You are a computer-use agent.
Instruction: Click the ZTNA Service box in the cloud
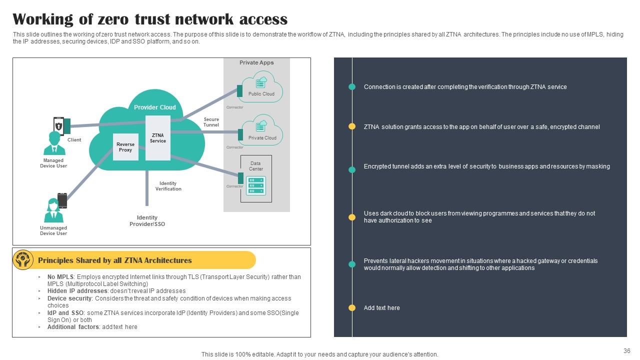click(157, 138)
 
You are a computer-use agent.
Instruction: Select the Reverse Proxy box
click(125, 147)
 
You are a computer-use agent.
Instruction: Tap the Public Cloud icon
click(261, 83)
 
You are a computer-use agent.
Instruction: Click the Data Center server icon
click(256, 186)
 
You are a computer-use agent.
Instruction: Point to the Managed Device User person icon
click(54, 143)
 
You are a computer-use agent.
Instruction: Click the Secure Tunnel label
click(211, 122)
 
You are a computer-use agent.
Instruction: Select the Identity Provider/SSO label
click(147, 220)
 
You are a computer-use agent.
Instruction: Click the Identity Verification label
click(168, 186)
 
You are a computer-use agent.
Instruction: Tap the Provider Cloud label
click(154, 107)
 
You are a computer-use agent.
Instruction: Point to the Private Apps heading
click(256, 62)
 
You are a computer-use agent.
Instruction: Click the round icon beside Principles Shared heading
click(23, 260)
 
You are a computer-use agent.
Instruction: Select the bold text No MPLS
click(60, 277)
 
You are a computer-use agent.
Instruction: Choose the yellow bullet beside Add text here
click(352, 308)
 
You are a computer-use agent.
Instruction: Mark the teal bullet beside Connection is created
click(352, 87)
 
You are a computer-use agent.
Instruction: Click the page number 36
click(627, 351)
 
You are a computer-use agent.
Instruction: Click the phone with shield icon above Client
click(58, 125)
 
